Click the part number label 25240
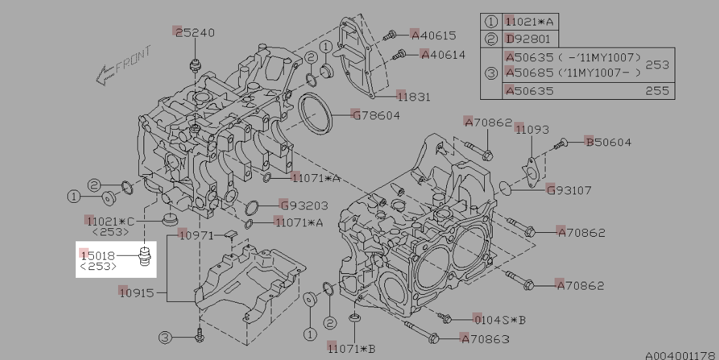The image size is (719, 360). [195, 33]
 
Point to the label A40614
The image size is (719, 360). [443, 55]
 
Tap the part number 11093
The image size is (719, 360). [532, 130]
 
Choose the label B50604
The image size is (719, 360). [608, 142]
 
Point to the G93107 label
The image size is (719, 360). [569, 190]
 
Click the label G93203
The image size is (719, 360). [303, 205]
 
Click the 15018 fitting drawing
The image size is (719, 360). [145, 257]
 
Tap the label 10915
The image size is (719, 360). [136, 292]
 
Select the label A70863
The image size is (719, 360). [485, 339]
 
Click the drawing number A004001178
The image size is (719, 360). [681, 355]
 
